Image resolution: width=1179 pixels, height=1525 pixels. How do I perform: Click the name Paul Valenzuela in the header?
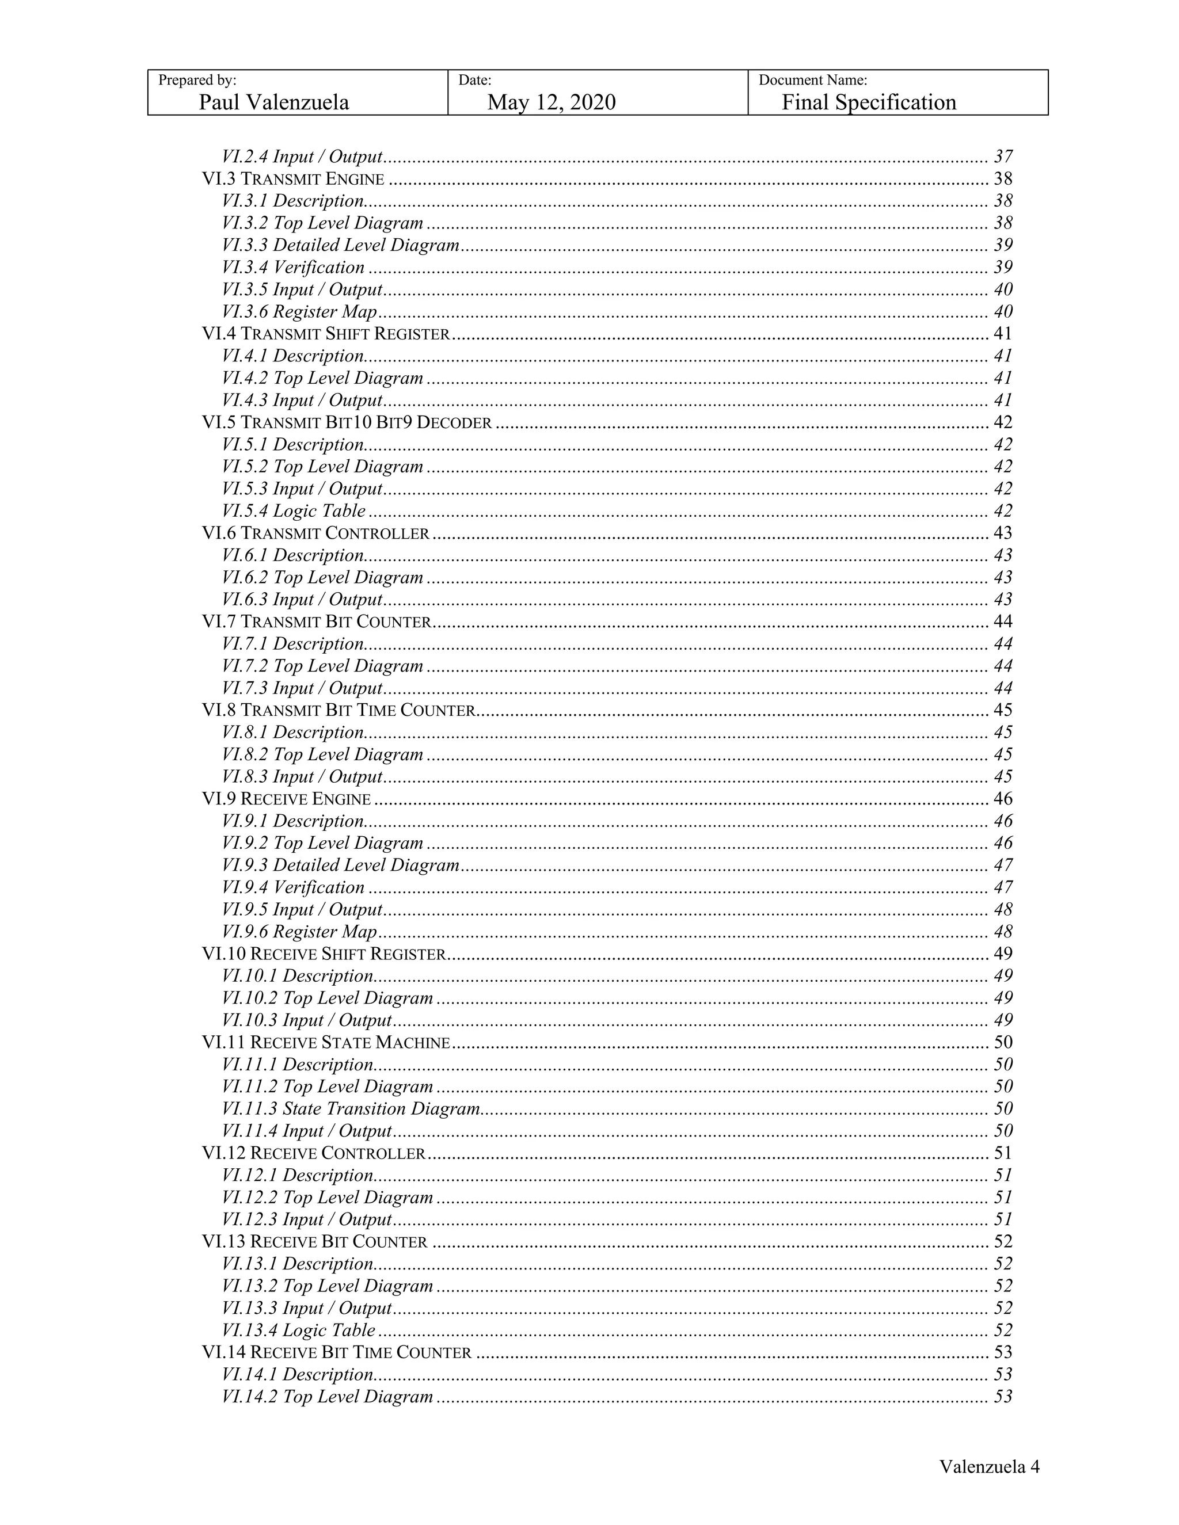coord(274,102)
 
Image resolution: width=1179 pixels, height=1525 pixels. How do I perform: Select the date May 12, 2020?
coord(551,102)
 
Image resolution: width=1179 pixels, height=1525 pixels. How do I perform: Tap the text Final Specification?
coord(868,102)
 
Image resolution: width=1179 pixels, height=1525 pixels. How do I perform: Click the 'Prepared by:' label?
coord(197,81)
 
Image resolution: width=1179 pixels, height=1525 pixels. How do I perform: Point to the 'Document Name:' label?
coord(812,81)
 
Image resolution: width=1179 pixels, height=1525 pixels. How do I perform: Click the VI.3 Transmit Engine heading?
coord(294,179)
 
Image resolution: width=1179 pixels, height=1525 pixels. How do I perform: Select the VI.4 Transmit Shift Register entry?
coord(325,334)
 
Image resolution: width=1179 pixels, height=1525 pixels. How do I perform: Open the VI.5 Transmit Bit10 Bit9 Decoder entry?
coord(347,422)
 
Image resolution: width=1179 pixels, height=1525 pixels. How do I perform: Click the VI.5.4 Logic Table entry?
coord(294,511)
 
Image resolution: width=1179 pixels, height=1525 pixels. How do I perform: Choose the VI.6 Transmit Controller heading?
coord(315,533)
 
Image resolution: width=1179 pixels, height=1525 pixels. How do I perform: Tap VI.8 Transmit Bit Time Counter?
coord(338,710)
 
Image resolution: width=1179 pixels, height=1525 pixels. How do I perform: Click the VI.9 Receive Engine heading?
coord(286,799)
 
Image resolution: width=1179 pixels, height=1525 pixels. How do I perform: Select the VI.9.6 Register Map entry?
coord(299,932)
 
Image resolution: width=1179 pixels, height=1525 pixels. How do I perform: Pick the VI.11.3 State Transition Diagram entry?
coord(351,1109)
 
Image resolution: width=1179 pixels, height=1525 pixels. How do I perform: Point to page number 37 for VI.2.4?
coord(1003,157)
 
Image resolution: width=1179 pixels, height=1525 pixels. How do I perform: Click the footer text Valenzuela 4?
coord(989,1466)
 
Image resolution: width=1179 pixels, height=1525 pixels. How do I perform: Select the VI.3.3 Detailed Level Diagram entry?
coord(340,245)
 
